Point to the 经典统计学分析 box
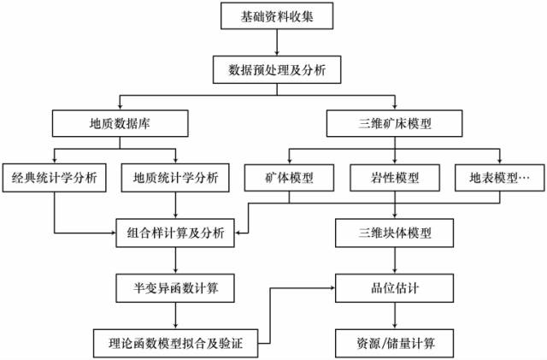coord(55,179)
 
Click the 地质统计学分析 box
coord(176,179)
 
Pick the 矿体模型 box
coord(290,179)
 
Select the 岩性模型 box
coord(396,179)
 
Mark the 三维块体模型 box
coord(396,232)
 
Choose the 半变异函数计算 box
coord(176,286)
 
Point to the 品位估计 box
coord(396,286)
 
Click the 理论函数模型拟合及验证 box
coord(176,344)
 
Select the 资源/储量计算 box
coord(396,344)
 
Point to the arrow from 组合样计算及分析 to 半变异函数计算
coord(176,259)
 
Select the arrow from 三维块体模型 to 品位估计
coord(396,259)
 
